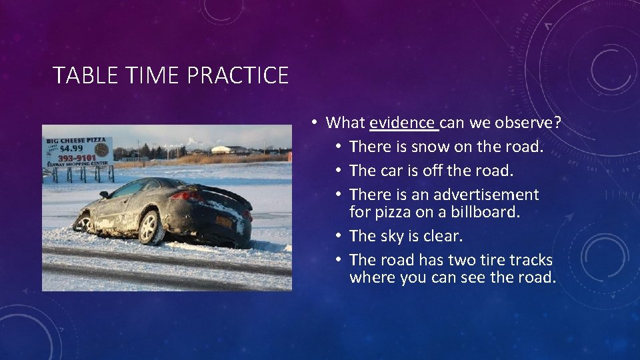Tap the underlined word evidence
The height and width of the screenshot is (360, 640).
tap(402, 123)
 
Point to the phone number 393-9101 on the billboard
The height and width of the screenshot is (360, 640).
tap(77, 159)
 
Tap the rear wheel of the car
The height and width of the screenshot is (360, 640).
tap(151, 227)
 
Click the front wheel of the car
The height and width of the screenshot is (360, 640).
tap(84, 221)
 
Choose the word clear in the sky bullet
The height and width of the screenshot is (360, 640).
tap(443, 236)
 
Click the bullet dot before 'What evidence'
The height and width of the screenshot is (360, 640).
tap(313, 123)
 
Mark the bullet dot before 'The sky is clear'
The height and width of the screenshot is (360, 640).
tap(337, 236)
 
